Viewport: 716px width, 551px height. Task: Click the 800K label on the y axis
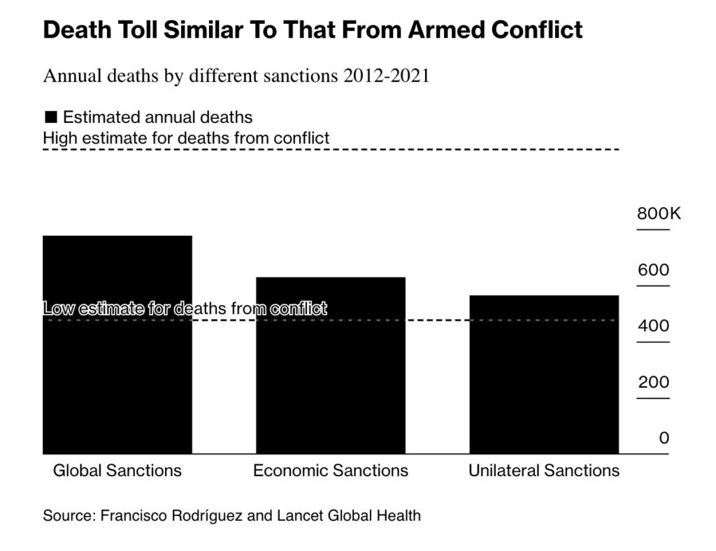click(658, 214)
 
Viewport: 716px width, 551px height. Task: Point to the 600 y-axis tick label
click(653, 271)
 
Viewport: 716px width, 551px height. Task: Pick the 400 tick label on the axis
click(653, 327)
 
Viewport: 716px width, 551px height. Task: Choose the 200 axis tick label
click(653, 382)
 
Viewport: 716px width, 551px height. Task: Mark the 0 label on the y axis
click(664, 438)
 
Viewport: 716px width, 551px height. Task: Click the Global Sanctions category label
click(117, 471)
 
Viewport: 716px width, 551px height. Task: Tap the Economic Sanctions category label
click(331, 471)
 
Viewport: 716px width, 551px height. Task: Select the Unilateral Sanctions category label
click(544, 471)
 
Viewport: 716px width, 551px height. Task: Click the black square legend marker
click(50, 117)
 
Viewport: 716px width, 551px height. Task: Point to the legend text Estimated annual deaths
click(158, 117)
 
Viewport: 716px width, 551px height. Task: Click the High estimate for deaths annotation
click(186, 138)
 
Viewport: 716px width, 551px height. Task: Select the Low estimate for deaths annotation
click(185, 308)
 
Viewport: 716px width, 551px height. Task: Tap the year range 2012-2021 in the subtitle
click(386, 76)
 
